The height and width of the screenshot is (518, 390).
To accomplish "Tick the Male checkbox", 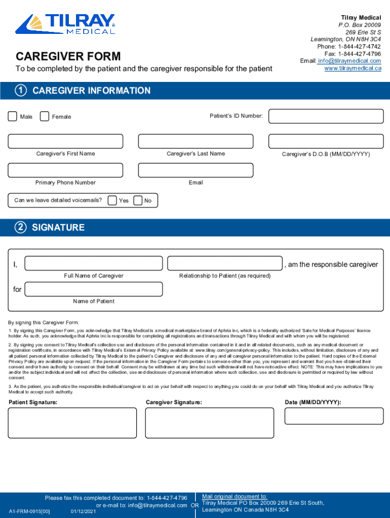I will (x=13, y=116).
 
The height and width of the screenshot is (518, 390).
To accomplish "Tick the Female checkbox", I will (x=45, y=116).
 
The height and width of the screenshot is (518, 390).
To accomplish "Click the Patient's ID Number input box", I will (x=325, y=116).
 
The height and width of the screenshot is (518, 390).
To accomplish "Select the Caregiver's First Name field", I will (x=65, y=141).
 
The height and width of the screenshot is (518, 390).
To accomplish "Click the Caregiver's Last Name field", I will (x=196, y=141).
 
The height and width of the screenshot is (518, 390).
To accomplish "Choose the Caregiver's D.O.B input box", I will (x=325, y=141).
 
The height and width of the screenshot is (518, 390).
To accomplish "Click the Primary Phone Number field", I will (x=65, y=170).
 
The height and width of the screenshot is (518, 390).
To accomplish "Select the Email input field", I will (x=196, y=170).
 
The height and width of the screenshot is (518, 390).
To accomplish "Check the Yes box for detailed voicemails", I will (x=112, y=201).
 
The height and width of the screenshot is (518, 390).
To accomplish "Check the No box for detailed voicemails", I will (x=138, y=201).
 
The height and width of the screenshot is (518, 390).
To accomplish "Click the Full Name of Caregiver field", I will (x=94, y=264).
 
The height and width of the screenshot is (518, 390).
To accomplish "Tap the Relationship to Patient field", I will (x=224, y=264).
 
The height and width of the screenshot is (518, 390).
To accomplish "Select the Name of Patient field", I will (x=94, y=289).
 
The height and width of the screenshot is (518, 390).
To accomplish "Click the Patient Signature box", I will (x=72, y=423).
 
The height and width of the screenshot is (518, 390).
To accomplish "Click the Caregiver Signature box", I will (x=210, y=423).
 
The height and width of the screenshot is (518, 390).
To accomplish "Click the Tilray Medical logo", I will (x=65, y=24).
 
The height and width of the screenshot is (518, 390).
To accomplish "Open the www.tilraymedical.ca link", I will (x=353, y=68).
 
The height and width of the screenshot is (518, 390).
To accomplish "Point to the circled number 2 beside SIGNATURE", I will (x=21, y=227).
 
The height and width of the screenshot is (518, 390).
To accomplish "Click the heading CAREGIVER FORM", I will (x=68, y=56).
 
